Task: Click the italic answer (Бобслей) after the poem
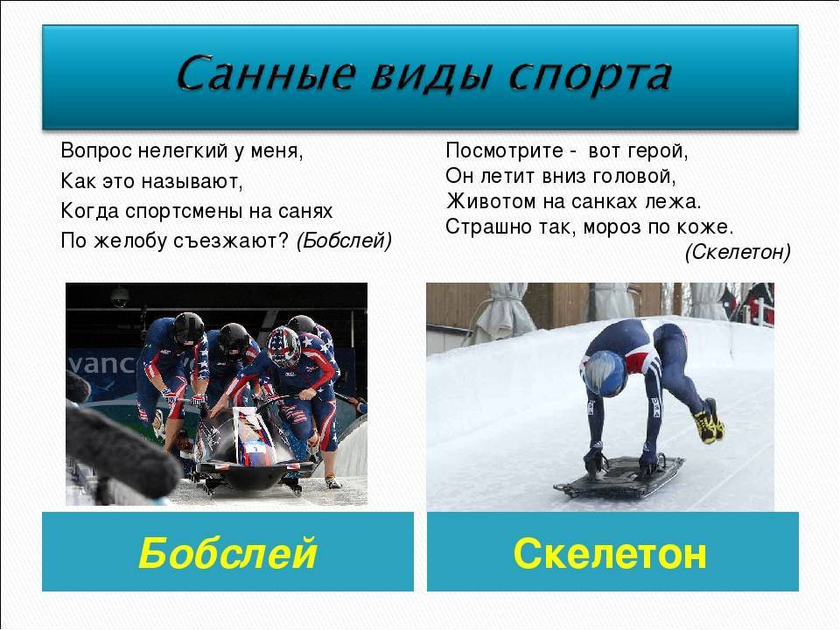[x=344, y=241]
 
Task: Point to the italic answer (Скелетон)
[x=738, y=252]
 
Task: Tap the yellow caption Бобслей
[x=227, y=553]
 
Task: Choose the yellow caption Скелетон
[x=610, y=553]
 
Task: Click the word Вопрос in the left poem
[x=96, y=150]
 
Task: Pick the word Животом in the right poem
[x=491, y=201]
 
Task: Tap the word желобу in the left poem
[x=130, y=241]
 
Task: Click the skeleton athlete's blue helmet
[x=605, y=373]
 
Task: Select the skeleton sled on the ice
[x=619, y=476]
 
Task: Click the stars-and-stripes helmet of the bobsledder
[x=283, y=346]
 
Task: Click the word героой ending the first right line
[x=657, y=151]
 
